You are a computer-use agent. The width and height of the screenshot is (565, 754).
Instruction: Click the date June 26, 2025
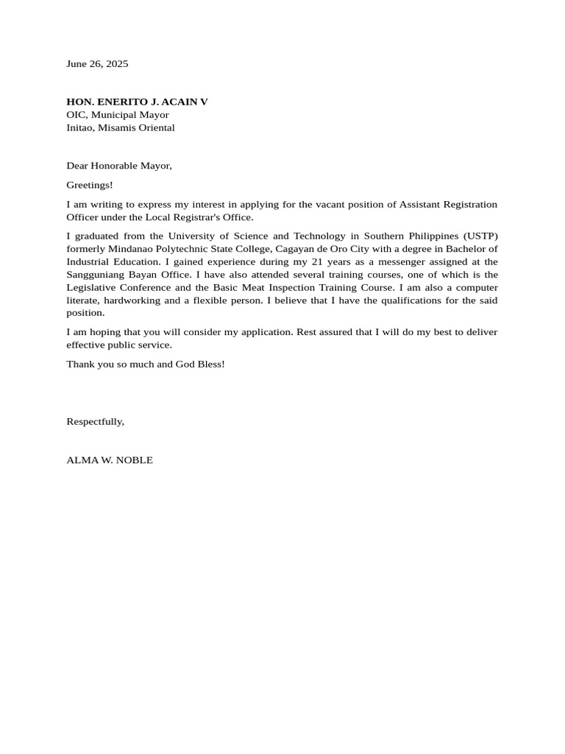pyautogui.click(x=97, y=64)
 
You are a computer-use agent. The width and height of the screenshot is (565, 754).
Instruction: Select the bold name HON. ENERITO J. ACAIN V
pyautogui.click(x=137, y=102)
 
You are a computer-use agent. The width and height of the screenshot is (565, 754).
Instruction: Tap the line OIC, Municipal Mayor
pyautogui.click(x=118, y=115)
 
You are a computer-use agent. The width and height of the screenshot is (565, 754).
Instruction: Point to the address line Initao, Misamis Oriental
pyautogui.click(x=121, y=127)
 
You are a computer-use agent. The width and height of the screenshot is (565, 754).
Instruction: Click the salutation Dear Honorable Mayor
pyautogui.click(x=119, y=166)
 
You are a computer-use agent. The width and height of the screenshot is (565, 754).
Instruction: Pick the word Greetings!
pyautogui.click(x=90, y=185)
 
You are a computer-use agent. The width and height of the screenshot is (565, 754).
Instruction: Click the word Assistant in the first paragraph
pyautogui.click(x=419, y=204)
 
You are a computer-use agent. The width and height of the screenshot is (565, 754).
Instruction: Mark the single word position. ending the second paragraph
pyautogui.click(x=85, y=313)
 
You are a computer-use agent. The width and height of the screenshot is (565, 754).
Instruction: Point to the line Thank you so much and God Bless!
pyautogui.click(x=146, y=364)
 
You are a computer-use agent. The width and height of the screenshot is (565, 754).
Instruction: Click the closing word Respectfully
pyautogui.click(x=95, y=421)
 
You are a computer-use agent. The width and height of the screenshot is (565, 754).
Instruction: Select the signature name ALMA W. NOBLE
pyautogui.click(x=110, y=460)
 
